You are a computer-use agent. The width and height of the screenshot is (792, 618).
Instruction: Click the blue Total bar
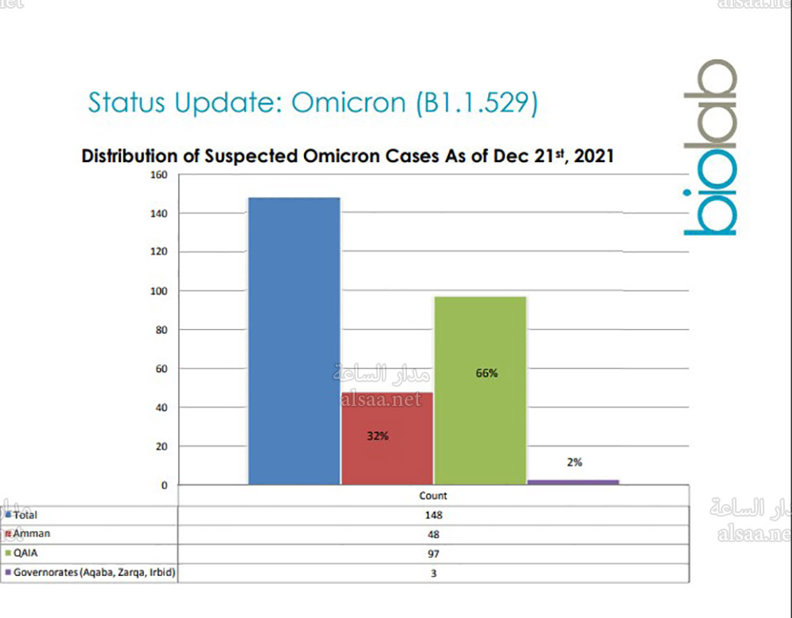(x=294, y=340)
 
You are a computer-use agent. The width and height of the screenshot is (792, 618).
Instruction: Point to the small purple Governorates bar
(x=573, y=481)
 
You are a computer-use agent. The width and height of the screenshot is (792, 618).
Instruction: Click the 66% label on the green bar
(x=486, y=373)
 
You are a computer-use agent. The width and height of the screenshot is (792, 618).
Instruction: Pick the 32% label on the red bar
(x=377, y=435)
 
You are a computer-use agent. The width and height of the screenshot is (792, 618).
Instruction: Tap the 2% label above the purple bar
(x=574, y=462)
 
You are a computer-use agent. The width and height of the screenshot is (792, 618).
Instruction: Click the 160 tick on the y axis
(x=158, y=175)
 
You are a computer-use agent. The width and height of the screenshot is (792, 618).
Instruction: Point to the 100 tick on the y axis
(x=158, y=291)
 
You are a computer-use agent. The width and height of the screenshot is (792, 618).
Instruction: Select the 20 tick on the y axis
(x=162, y=446)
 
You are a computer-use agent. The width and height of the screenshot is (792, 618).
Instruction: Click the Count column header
(x=432, y=496)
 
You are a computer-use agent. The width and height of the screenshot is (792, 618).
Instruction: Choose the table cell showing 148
(x=432, y=514)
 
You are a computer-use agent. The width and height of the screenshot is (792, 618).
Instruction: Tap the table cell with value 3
(x=432, y=572)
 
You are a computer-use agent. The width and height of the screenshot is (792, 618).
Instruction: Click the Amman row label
(x=32, y=533)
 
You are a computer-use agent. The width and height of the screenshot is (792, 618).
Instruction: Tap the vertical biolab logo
(x=709, y=148)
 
